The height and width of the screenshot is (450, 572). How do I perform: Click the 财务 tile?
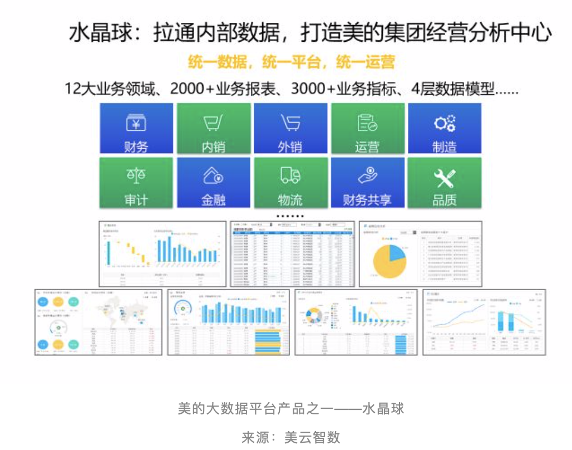[x=136, y=129]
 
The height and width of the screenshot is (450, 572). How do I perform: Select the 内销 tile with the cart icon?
[x=214, y=129]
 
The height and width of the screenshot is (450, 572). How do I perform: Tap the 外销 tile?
[x=290, y=129]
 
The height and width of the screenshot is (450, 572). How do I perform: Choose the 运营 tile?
[x=367, y=129]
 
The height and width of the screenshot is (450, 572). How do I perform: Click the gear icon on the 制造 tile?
[x=445, y=123]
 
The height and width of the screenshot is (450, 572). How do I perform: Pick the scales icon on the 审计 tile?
[x=136, y=176]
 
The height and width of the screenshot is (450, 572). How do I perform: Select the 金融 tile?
[x=214, y=183]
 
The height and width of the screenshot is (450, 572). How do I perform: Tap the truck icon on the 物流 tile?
[x=290, y=176]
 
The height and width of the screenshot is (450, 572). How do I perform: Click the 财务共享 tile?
[x=367, y=183]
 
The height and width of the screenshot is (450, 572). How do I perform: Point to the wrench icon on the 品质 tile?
[x=445, y=177]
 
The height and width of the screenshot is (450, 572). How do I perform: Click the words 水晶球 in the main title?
[x=98, y=33]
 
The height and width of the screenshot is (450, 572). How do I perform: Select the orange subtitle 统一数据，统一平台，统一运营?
[x=292, y=62]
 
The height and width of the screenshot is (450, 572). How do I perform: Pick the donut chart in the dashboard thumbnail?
[x=315, y=316]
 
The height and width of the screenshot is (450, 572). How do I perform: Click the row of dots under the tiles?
[x=290, y=216]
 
